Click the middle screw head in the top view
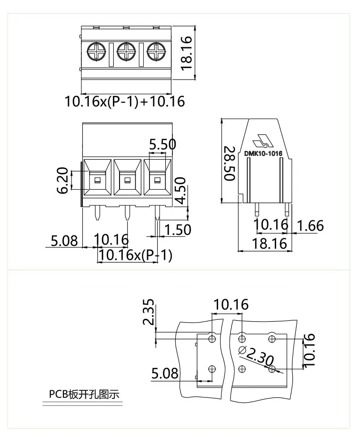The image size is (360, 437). coord(127,51)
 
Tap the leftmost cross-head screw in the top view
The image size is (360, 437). coord(97,51)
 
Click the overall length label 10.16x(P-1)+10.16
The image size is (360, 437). coord(124,102)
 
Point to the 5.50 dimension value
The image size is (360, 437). coord(162,144)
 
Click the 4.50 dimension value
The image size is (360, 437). coord(180,191)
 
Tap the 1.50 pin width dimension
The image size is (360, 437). coord(177,230)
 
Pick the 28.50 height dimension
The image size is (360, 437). coord(229,163)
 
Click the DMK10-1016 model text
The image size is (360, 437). coord(263,153)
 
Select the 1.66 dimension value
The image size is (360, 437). coord(310,225)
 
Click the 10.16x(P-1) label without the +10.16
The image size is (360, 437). coord(135,255)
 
